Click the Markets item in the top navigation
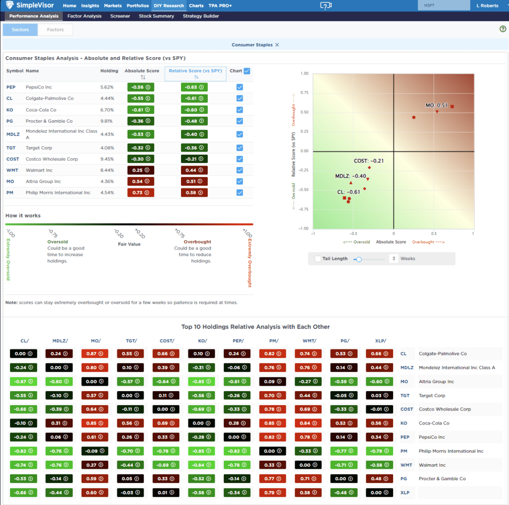coord(112,5)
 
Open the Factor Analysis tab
coord(85,16)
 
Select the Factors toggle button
coord(55,30)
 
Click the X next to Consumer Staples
coord(277,45)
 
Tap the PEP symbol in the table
coord(11,87)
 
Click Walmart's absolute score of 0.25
coord(141,170)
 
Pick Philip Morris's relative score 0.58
coord(194,193)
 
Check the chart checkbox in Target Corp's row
coord(240,148)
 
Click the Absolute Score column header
coord(142,71)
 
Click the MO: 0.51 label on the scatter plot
coord(436,105)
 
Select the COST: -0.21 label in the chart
coord(368,161)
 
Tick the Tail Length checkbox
coord(318,258)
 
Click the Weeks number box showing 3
coord(393,258)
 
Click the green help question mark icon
coord(503,29)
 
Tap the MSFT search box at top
coord(443,5)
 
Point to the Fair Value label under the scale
coord(129,244)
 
